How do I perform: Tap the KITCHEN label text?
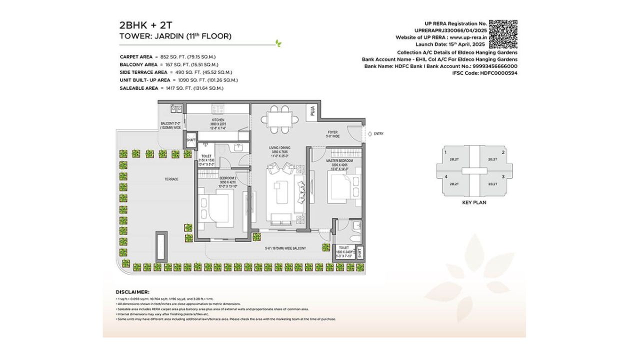pyautogui.click(x=217, y=120)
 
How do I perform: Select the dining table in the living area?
pyautogui.click(x=279, y=119)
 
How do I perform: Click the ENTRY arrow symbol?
pyautogui.click(x=368, y=133)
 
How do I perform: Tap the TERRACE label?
pyautogui.click(x=171, y=179)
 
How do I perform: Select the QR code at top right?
pyautogui.click(x=502, y=34)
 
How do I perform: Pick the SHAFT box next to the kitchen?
pyautogui.click(x=190, y=140)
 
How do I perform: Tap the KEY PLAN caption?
pyautogui.click(x=474, y=202)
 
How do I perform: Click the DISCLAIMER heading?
pyautogui.click(x=132, y=291)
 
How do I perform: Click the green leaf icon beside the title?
pyautogui.click(x=278, y=43)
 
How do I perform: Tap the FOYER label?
pyautogui.click(x=332, y=133)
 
